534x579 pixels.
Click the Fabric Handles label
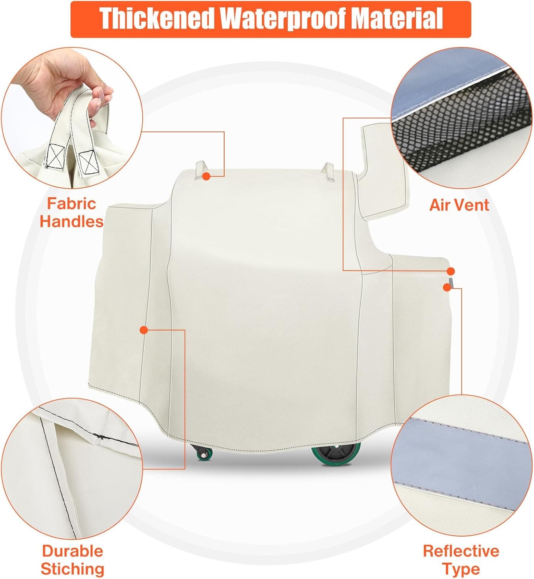tap(72, 212)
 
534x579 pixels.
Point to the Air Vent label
tap(459, 205)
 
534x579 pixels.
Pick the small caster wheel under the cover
tap(202, 452)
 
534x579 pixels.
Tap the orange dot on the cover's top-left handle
tap(206, 176)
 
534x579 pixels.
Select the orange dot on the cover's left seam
tap(144, 330)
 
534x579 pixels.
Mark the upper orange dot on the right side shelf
tap(451, 271)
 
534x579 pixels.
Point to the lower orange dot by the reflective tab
tap(446, 287)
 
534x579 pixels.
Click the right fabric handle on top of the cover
tap(328, 172)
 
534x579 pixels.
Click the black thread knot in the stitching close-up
tap(101, 437)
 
